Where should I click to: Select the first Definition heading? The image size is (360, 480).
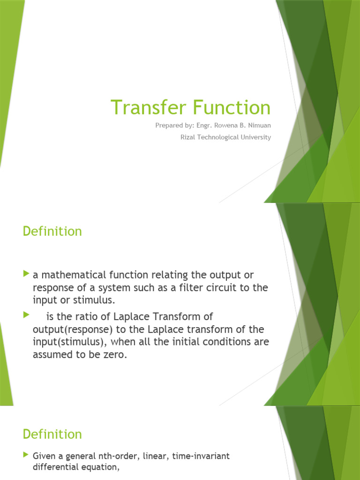52,232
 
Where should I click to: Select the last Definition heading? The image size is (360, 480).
52,434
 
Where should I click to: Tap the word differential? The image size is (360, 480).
57,467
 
